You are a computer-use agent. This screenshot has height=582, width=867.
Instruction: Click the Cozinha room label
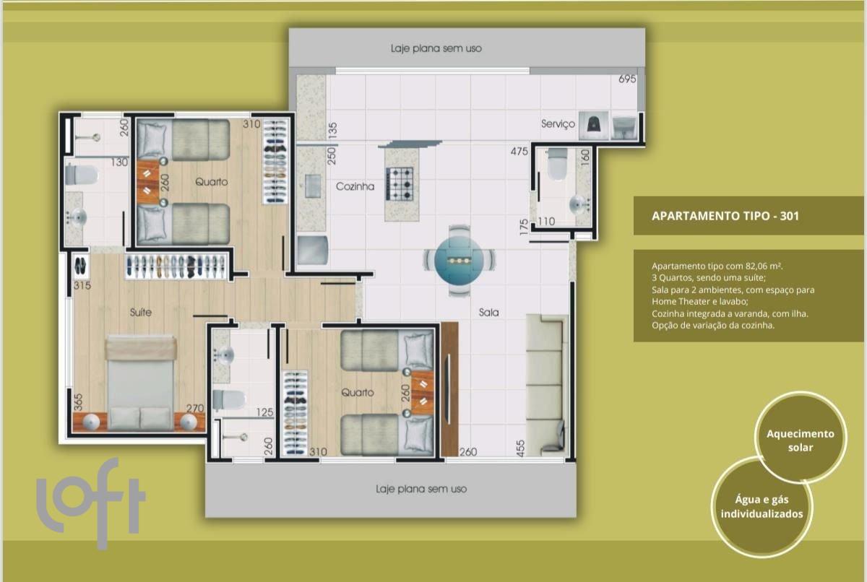point(355,186)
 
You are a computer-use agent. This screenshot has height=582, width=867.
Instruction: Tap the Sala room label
point(488,312)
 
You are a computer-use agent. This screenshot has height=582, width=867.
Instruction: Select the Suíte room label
point(140,312)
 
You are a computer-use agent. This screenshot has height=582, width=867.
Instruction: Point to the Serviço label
point(558,124)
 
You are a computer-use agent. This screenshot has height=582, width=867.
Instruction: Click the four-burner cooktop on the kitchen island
point(400,184)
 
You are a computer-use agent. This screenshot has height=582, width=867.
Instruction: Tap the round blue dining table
point(459,260)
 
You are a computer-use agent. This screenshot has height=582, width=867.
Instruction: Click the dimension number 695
point(627,79)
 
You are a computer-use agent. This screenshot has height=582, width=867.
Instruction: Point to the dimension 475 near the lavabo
point(519,151)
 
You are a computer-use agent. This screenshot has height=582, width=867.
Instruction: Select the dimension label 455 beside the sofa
point(521,448)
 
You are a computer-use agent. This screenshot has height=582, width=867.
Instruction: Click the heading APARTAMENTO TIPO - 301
point(725,216)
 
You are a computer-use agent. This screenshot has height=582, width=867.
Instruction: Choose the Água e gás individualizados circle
point(762,507)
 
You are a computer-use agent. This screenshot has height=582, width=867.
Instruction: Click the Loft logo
point(91,503)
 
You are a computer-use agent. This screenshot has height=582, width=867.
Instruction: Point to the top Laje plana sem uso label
point(436,48)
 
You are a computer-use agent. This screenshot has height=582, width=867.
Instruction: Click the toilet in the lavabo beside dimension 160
point(557,164)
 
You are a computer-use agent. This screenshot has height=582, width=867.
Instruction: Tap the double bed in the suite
point(140,383)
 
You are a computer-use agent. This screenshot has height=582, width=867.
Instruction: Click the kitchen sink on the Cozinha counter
point(313,186)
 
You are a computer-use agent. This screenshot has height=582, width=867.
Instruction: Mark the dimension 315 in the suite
point(82,285)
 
